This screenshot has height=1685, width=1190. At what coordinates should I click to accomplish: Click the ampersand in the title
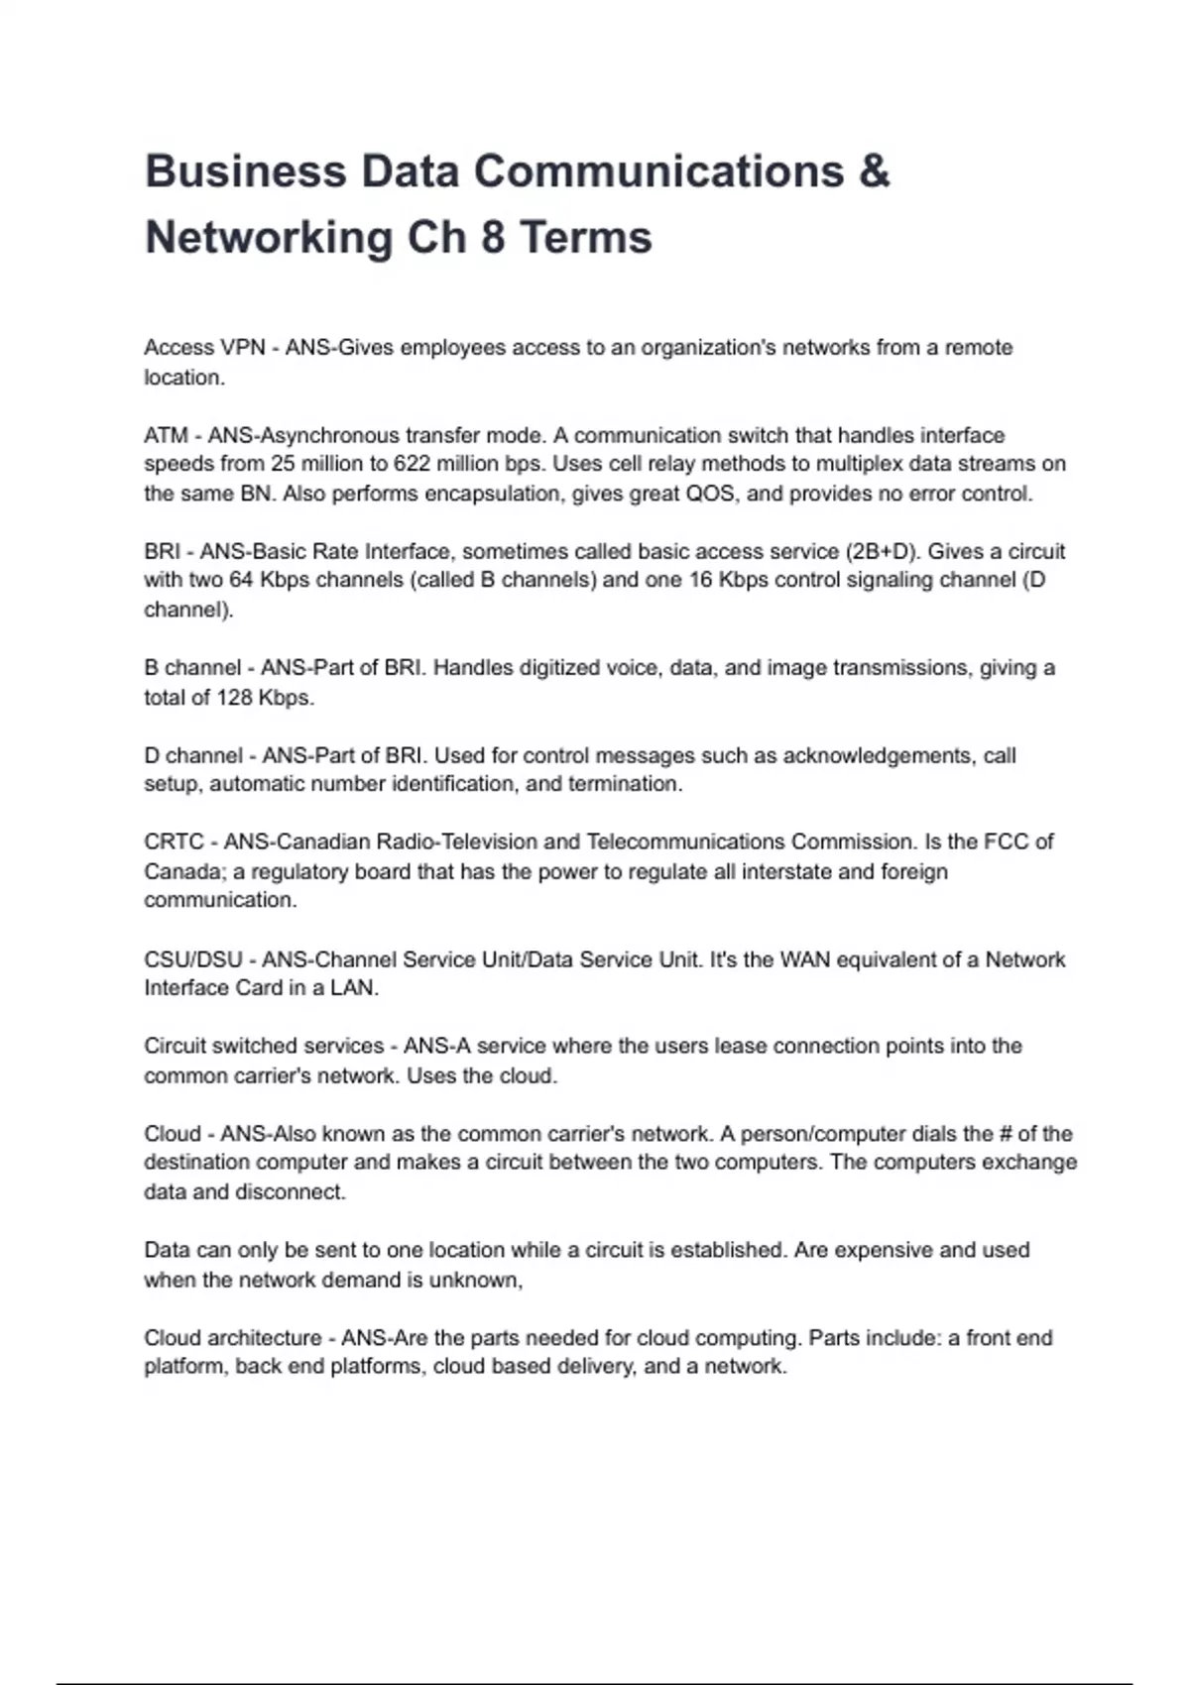[873, 171]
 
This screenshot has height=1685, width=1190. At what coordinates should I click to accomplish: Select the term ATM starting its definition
[166, 435]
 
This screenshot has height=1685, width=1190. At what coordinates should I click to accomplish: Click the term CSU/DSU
[193, 959]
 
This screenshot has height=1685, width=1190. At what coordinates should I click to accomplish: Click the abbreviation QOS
[711, 494]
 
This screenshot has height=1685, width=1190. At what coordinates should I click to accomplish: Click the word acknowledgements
[877, 755]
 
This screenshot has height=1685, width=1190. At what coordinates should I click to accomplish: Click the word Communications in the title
[657, 171]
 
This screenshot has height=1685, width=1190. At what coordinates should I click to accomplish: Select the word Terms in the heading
[585, 238]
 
